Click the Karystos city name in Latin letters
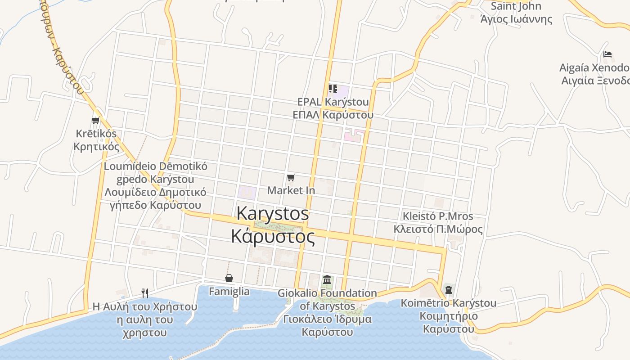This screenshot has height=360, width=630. pyautogui.click(x=273, y=213)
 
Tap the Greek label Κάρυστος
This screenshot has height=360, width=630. pyautogui.click(x=273, y=236)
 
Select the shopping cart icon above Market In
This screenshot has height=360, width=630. pyautogui.click(x=291, y=178)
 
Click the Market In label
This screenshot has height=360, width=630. pyautogui.click(x=291, y=190)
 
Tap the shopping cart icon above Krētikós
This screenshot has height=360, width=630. pyautogui.click(x=95, y=120)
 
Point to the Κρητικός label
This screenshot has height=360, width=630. pyautogui.click(x=96, y=147)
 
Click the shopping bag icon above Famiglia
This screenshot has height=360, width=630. pyautogui.click(x=229, y=278)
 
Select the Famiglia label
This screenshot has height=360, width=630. pyautogui.click(x=229, y=292)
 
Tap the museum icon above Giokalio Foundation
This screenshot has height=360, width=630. pyautogui.click(x=327, y=280)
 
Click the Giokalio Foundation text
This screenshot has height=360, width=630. pyautogui.click(x=327, y=293)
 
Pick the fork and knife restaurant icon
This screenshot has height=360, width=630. pyautogui.click(x=145, y=293)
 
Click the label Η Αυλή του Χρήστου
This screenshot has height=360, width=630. pyautogui.click(x=145, y=307)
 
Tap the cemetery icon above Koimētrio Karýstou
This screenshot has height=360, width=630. pyautogui.click(x=448, y=289)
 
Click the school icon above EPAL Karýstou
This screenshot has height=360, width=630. pyautogui.click(x=333, y=88)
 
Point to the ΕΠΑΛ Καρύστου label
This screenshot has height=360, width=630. pyautogui.click(x=333, y=115)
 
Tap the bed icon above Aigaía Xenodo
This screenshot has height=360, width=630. pyautogui.click(x=607, y=55)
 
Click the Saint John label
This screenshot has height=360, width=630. pyautogui.click(x=516, y=6)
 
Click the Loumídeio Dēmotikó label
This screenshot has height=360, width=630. pyautogui.click(x=156, y=166)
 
